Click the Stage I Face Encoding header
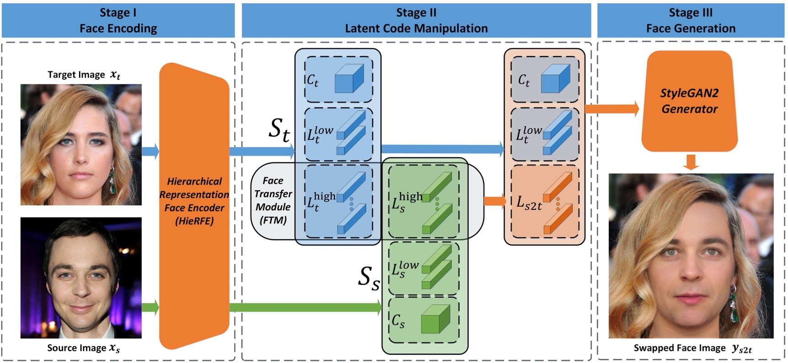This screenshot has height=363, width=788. tap(118, 21)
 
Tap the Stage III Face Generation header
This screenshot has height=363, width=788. tap(690, 21)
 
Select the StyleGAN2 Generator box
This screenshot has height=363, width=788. tap(689, 101)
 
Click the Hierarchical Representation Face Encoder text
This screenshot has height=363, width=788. tap(194, 201)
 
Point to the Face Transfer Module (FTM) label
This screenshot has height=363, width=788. tap(273, 200)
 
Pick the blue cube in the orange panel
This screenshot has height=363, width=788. tap(555, 79)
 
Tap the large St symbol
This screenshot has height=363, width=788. tap(279, 129)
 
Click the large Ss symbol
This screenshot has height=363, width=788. tap(368, 278)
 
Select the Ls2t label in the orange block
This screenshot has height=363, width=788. tap(528, 203)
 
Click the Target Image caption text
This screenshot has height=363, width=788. tap(84, 75)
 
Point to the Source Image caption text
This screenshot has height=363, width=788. tap(83, 348)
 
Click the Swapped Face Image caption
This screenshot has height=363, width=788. tap(692, 348)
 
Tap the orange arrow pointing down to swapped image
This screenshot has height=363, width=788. tap(691, 162)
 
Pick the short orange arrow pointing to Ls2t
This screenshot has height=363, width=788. tap(494, 200)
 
